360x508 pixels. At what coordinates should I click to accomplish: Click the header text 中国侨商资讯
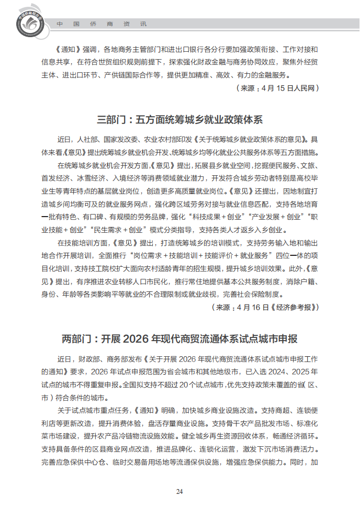point(102,24)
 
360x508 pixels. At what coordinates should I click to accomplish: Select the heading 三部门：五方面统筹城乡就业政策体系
point(179,120)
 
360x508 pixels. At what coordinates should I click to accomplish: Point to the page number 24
point(179,491)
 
